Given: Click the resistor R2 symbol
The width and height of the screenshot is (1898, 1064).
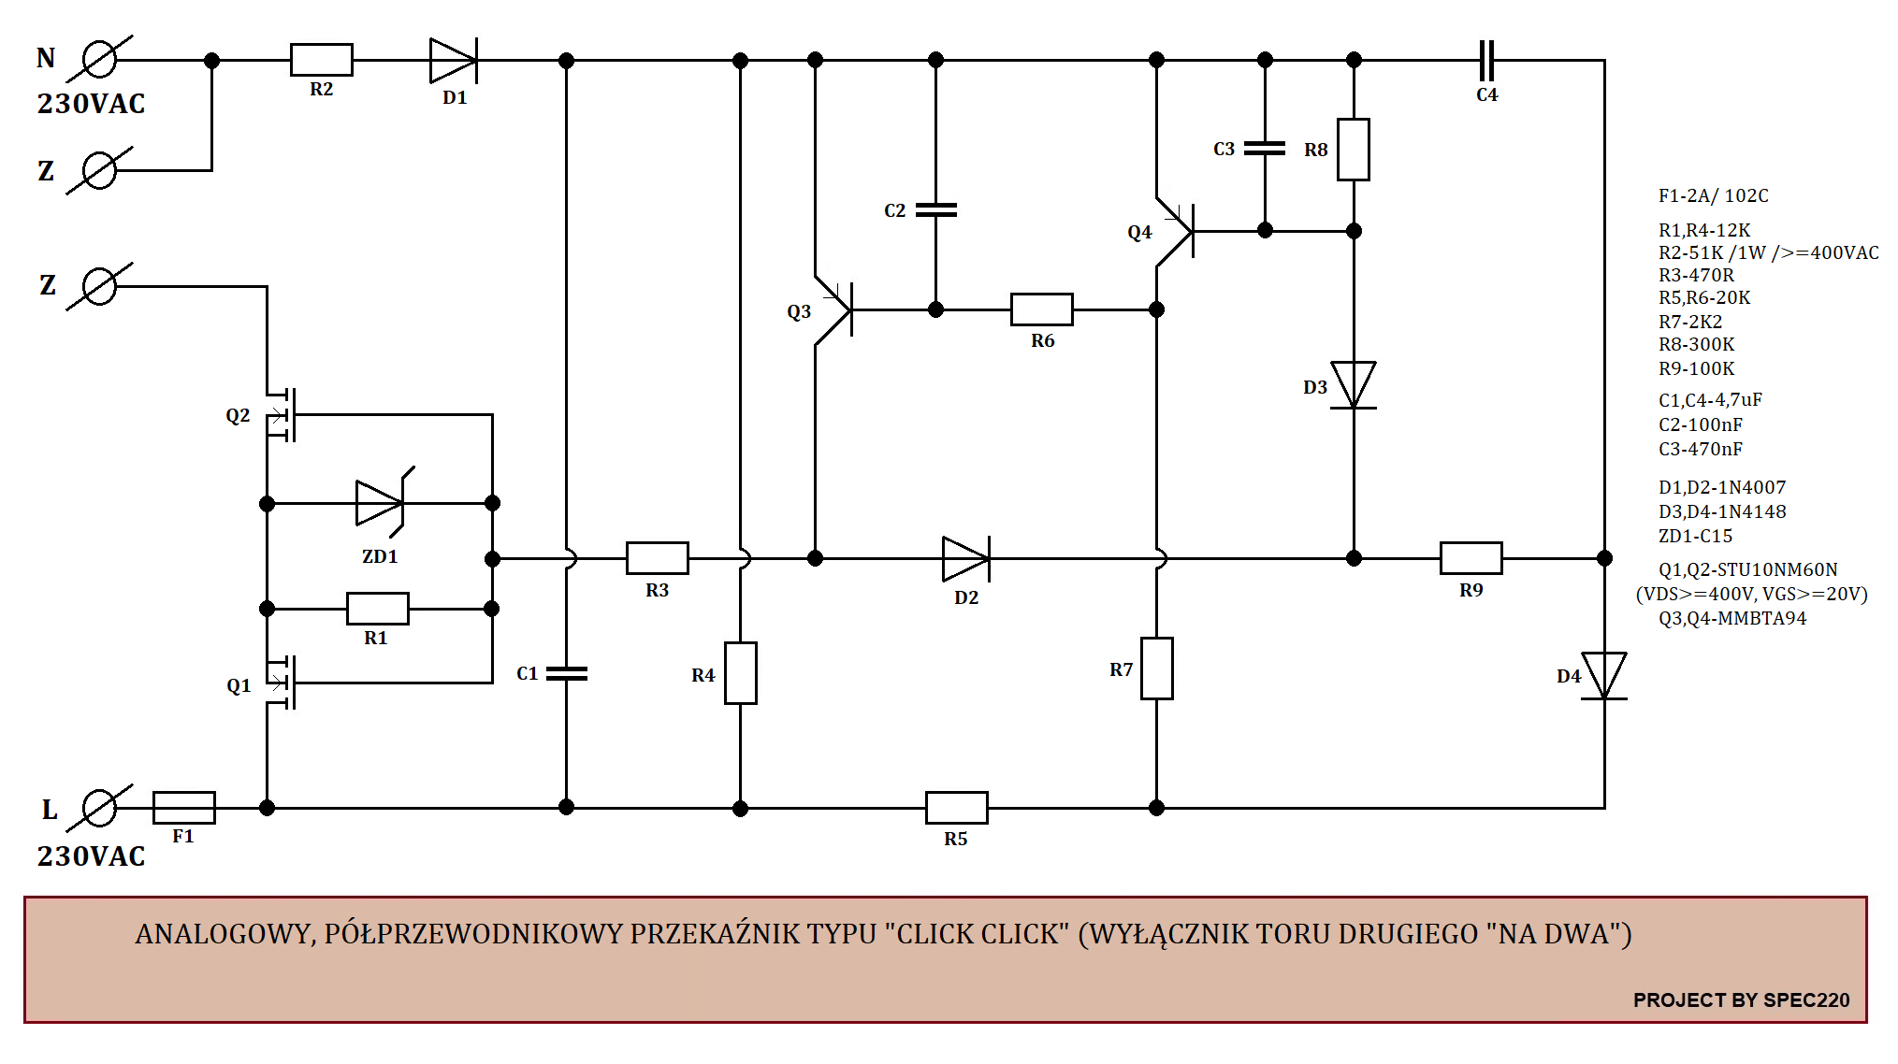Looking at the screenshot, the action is pos(321,60).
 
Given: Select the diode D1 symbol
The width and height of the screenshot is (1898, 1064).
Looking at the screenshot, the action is pos(454,61).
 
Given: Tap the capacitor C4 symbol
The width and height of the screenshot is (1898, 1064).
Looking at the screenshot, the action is pos(1486,61).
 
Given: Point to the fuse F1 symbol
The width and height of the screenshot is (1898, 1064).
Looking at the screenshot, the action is pos(183,807).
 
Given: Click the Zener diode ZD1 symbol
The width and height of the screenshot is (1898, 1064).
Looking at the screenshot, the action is pos(382,503).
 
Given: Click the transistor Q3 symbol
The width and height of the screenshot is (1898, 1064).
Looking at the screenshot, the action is pos(834,309).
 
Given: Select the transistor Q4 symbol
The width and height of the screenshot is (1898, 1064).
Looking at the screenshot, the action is pos(1176,231).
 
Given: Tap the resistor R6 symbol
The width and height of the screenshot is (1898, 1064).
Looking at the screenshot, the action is pos(1041,309).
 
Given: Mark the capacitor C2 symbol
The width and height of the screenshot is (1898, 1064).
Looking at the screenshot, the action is pos(935,210).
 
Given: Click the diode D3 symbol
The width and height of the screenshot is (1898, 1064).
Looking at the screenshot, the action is pos(1354,385).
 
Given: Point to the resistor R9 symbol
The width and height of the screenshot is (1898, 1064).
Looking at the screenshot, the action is pos(1471,558).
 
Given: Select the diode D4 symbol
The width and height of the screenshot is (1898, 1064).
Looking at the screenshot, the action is pos(1604,676).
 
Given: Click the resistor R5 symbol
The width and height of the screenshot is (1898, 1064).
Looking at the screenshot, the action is pos(956,807).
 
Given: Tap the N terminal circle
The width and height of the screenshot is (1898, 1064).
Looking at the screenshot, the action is pos(99,60).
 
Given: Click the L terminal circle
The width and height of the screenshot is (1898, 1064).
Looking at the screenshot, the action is pos(99,808).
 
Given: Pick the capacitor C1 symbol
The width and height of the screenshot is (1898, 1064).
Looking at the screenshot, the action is pos(566,673).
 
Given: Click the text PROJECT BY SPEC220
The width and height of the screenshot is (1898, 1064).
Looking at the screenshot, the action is pos(1741,999).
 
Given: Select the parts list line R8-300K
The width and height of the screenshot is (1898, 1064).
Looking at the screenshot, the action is pos(1696,344).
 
